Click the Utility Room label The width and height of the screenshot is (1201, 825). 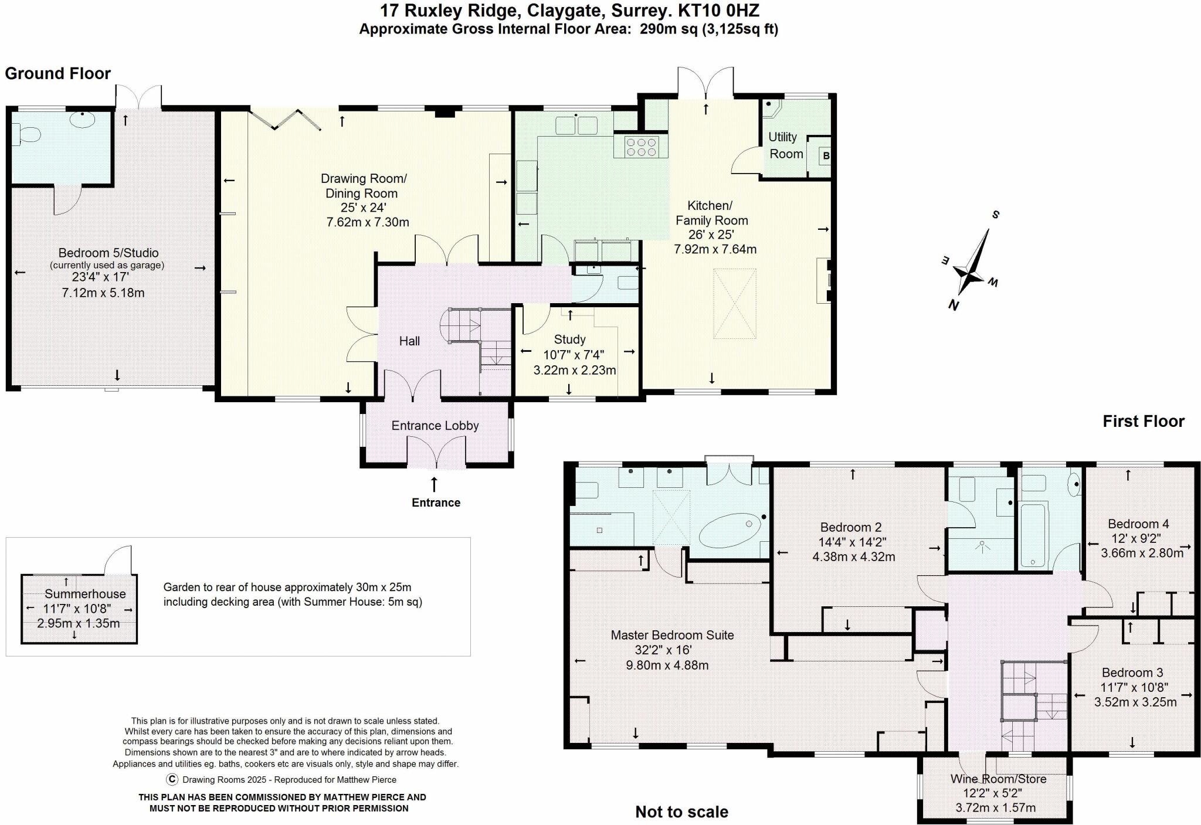click(786, 145)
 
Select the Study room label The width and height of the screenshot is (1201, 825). click(569, 339)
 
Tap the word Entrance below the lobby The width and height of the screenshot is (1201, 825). click(436, 503)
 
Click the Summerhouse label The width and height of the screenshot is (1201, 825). click(85, 593)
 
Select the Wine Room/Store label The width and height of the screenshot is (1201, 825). click(998, 779)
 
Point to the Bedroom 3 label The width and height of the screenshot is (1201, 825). click(1132, 673)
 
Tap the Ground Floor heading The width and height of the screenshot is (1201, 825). click(57, 73)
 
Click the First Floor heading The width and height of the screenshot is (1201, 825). click(1144, 421)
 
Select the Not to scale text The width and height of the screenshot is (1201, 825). click(681, 812)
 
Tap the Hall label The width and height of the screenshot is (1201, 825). click(409, 341)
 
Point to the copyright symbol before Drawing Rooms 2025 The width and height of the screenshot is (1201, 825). click(172, 779)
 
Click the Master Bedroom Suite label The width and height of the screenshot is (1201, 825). click(672, 634)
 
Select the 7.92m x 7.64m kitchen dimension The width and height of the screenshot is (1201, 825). click(715, 249)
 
